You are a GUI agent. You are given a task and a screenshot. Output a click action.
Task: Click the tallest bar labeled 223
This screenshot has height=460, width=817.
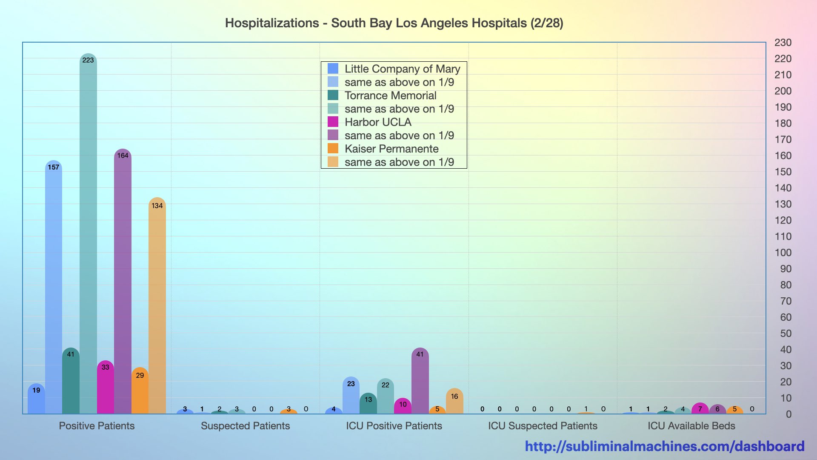point(88,234)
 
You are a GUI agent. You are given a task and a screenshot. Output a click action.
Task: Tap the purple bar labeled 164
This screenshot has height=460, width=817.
point(123,281)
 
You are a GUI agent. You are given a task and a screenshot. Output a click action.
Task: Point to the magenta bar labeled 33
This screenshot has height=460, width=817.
point(106,388)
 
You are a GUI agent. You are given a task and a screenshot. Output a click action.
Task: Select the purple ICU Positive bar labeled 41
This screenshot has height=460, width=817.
point(420,381)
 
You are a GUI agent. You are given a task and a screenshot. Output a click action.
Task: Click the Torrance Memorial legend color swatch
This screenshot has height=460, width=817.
point(333,95)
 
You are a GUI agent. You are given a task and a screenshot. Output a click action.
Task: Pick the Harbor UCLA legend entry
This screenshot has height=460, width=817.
point(378,122)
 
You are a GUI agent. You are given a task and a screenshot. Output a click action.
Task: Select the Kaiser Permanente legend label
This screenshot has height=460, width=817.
point(391,149)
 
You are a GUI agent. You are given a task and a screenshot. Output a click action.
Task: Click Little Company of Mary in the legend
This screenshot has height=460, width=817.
point(402,69)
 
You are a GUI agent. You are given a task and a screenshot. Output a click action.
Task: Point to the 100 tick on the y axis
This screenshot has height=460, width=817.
point(783,253)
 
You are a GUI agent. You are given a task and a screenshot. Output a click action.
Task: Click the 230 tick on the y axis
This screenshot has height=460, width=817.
point(783,43)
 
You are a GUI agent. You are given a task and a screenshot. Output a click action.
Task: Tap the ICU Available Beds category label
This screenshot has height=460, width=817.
point(691,425)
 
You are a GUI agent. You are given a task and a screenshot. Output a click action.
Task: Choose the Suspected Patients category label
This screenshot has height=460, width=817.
point(245,425)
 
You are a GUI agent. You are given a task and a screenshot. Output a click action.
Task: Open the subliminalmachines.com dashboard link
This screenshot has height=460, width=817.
point(665,446)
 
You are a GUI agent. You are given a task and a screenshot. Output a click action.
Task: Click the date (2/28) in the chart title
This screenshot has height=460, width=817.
point(547,23)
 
